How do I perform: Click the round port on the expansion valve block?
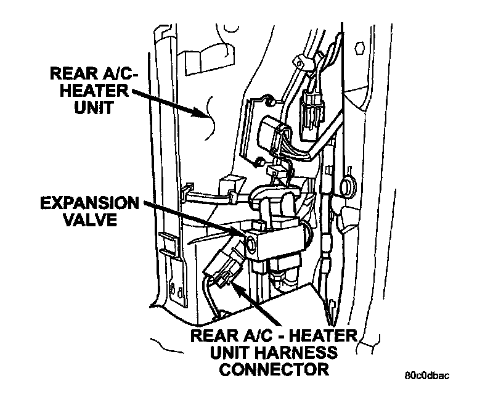coord(251,245)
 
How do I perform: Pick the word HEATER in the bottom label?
coord(324,337)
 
